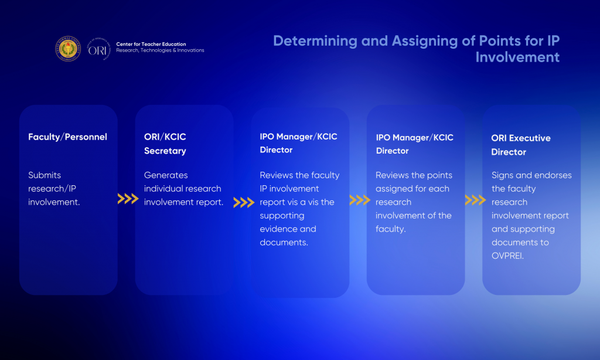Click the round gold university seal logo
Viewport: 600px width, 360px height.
coord(68,49)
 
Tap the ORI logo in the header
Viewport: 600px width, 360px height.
coord(98,49)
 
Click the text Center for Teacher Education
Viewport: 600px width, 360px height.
coord(151,44)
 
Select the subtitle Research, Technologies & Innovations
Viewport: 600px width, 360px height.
coord(161,50)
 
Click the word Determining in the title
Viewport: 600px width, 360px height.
coord(315,40)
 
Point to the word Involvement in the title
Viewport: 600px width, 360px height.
coord(517,57)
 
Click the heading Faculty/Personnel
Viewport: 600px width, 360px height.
coord(68,137)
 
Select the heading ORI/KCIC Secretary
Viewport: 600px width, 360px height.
coord(165,144)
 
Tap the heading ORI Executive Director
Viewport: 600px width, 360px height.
coord(521,145)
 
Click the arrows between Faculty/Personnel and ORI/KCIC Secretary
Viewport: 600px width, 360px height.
coord(128,199)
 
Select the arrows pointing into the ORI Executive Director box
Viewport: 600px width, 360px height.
coord(475,200)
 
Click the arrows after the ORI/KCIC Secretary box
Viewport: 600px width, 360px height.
coord(244,202)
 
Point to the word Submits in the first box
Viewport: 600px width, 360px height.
coord(45,175)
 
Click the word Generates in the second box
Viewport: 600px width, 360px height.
coord(166,175)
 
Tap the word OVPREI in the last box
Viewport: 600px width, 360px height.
coord(507,256)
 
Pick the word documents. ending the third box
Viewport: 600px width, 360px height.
coord(284,242)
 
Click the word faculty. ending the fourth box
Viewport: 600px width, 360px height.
coord(391,229)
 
